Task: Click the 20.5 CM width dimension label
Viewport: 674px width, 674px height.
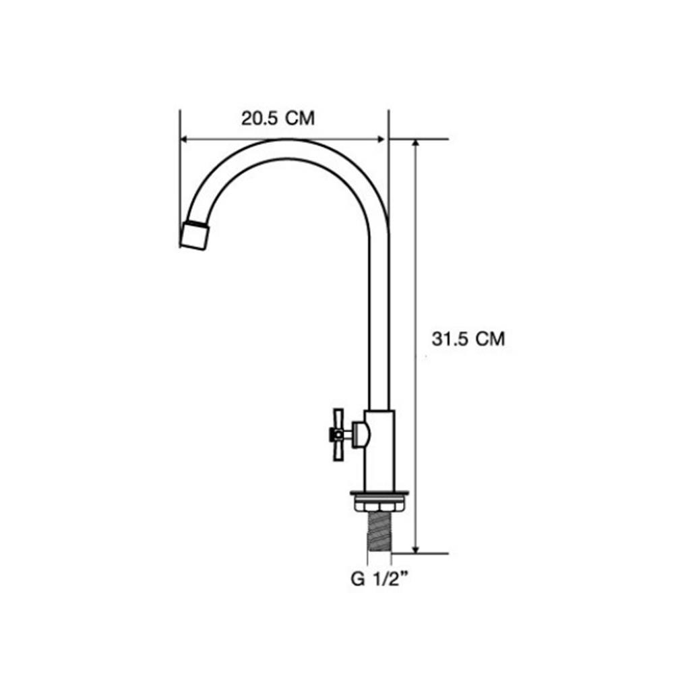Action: pyautogui.click(x=278, y=118)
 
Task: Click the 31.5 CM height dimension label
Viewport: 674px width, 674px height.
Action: pyautogui.click(x=468, y=339)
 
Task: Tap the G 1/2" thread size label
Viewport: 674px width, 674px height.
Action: pyautogui.click(x=379, y=579)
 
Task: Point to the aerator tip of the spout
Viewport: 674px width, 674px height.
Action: pyautogui.click(x=195, y=235)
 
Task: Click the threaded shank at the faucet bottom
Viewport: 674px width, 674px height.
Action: pyautogui.click(x=379, y=533)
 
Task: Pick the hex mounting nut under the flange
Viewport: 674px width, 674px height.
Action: pyautogui.click(x=379, y=503)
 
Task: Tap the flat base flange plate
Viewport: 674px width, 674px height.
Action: pyautogui.click(x=379, y=494)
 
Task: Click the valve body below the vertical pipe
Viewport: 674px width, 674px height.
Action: pyautogui.click(x=379, y=450)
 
